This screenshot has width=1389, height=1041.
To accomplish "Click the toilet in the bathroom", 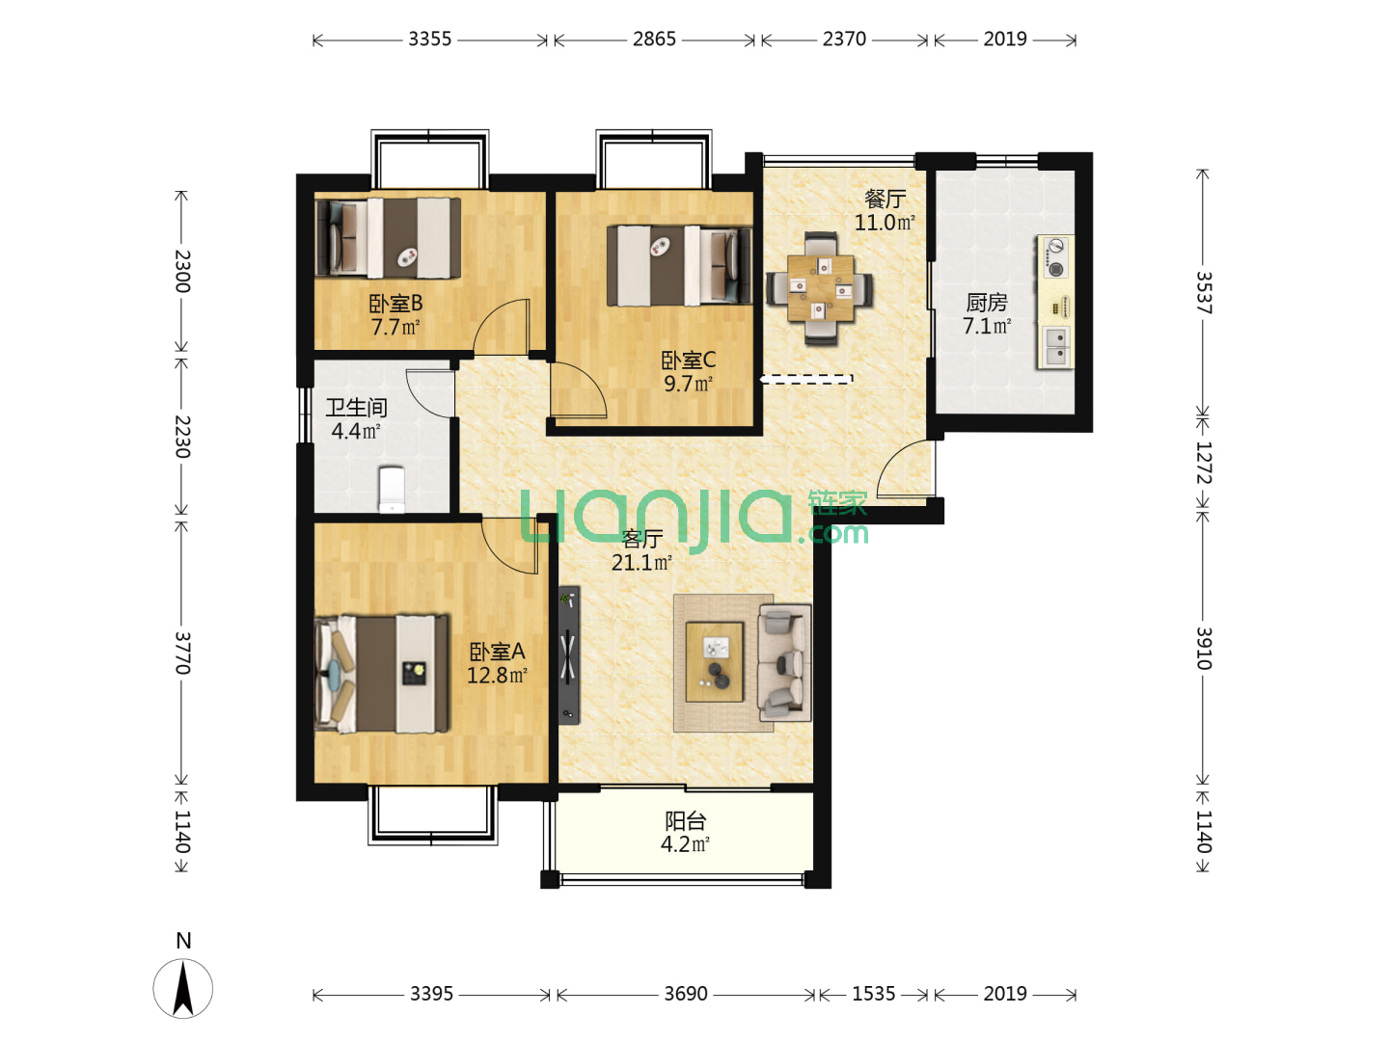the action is [391, 489].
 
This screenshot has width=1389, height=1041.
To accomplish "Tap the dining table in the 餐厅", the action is [820, 287].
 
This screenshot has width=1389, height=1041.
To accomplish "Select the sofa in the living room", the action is [784, 662].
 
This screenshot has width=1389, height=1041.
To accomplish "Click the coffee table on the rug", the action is [715, 662].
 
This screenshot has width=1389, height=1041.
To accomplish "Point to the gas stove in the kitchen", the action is [1055, 257].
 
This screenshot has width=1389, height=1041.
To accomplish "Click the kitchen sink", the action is [1055, 346].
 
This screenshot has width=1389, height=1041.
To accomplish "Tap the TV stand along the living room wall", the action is [568, 654].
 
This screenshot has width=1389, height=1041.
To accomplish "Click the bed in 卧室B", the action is [388, 238].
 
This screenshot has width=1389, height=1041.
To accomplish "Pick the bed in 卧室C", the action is [679, 265].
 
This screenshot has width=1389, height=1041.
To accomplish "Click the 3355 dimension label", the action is [429, 40].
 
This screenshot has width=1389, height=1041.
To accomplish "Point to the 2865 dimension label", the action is [654, 40].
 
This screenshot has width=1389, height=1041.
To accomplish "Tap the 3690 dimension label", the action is [685, 994].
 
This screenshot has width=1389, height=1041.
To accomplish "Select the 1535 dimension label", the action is [873, 994].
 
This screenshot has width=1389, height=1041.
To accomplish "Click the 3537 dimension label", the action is [1203, 293].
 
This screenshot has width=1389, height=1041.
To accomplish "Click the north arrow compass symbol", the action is [183, 989].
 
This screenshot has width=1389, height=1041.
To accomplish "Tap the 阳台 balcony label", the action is [685, 821].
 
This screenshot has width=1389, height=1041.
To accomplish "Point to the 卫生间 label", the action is [356, 408].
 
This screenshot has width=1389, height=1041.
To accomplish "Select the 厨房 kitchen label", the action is [987, 303].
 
